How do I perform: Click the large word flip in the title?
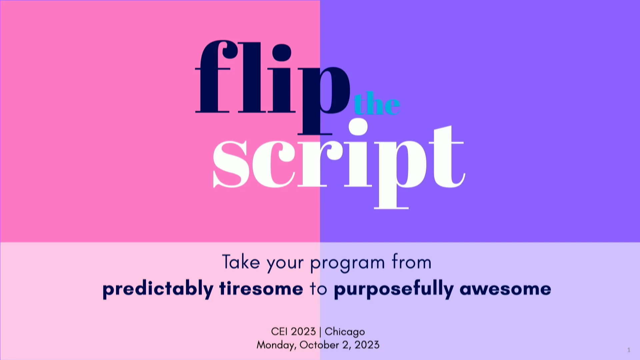(273, 87)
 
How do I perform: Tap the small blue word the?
(377, 103)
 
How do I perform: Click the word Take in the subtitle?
(241, 262)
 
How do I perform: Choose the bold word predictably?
(158, 289)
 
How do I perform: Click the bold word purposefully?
(394, 289)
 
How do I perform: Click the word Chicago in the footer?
(345, 332)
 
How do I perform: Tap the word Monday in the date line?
(276, 345)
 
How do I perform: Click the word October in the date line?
(319, 345)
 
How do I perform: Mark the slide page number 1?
(629, 350)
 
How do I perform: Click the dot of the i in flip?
(282, 52)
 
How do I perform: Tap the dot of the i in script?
(358, 127)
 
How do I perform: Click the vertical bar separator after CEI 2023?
(320, 332)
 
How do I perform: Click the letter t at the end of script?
(447, 157)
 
